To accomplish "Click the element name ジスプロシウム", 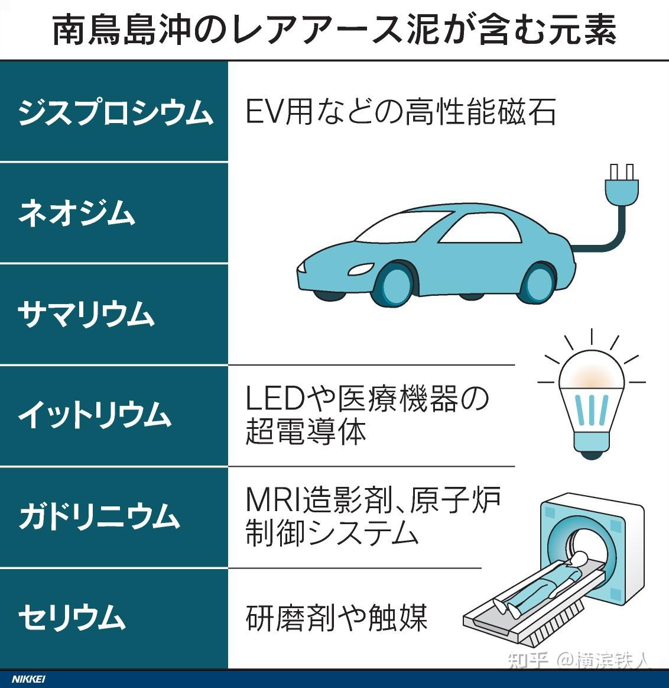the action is tap(115, 111).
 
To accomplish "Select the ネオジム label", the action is tap(77, 213).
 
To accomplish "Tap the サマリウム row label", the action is tap(86, 314).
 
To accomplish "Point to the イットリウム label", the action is tap(95, 415).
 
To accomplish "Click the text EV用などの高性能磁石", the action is tap(400, 111).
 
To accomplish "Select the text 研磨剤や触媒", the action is tap(336, 618).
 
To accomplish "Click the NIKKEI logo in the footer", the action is tap(28, 679).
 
